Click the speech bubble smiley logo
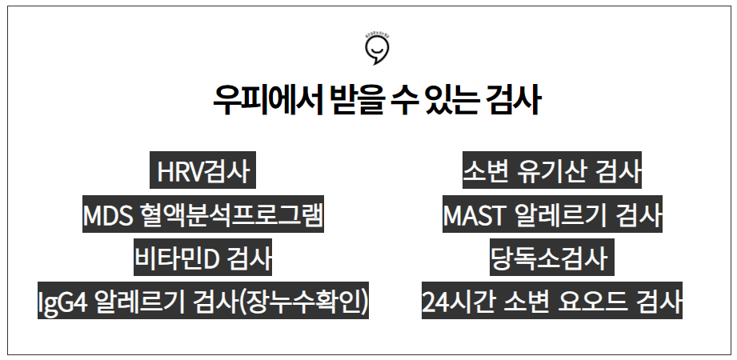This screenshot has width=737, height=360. tap(376, 50)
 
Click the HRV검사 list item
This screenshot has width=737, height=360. tap(204, 172)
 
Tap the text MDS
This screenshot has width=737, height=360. tap(109, 216)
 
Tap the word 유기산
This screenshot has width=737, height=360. tap(551, 172)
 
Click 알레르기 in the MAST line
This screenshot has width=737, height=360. tap(563, 216)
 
